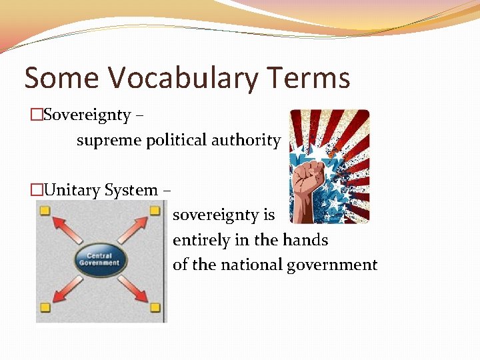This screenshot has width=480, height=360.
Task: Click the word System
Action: (130, 191)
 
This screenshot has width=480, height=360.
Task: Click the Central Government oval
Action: (99, 259)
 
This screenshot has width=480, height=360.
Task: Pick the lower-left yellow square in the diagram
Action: (45, 307)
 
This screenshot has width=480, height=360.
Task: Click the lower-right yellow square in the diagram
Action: (155, 307)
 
